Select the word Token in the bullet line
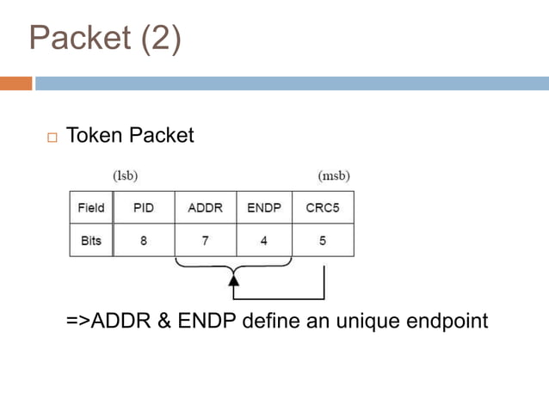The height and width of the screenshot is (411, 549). pyautogui.click(x=94, y=135)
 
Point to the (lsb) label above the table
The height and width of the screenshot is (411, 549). pyautogui.click(x=126, y=175)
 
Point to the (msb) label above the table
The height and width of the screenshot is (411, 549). pyautogui.click(x=334, y=175)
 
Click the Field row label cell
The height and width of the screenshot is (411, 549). pyautogui.click(x=90, y=207)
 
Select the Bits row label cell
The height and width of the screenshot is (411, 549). pyautogui.click(x=90, y=241)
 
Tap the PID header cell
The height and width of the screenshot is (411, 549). pyautogui.click(x=144, y=207)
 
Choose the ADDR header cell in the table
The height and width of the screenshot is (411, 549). pyautogui.click(x=205, y=207)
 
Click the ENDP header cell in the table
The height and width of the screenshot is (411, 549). pyautogui.click(x=263, y=207)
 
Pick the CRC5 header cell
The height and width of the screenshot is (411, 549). pyautogui.click(x=323, y=207)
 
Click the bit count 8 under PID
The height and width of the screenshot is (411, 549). pyautogui.click(x=144, y=241)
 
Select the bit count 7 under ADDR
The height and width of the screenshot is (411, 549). pyautogui.click(x=205, y=241)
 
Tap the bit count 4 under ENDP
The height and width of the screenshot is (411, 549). pyautogui.click(x=263, y=241)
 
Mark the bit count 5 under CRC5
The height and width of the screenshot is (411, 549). pyautogui.click(x=323, y=241)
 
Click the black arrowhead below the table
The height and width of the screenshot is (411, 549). pyautogui.click(x=233, y=279)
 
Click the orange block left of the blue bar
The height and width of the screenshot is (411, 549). pyautogui.click(x=15, y=83)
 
